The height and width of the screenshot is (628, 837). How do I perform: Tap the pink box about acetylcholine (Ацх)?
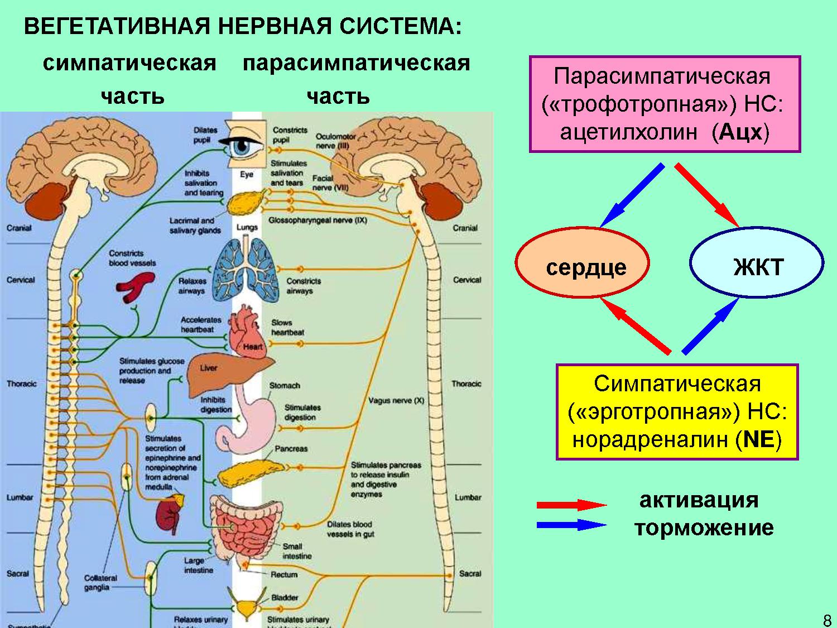coord(665,104)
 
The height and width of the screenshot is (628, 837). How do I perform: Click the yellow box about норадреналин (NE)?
coord(677,412)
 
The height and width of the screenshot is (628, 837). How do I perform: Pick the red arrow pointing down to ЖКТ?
coord(707,195)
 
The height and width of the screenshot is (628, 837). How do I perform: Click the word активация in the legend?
coord(699,500)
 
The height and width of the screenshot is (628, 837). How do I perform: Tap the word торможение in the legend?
coord(704,528)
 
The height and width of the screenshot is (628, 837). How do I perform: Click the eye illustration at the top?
coord(246,147)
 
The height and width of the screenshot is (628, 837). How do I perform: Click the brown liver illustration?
coord(223,374)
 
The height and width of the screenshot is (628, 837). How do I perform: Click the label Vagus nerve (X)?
coord(396,400)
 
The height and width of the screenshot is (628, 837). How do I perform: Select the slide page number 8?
coord(826,619)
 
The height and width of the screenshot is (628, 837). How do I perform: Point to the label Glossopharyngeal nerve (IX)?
coord(318,220)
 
